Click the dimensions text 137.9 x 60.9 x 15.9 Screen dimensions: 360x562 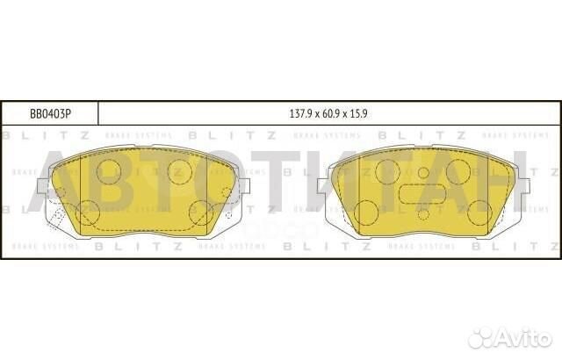328,114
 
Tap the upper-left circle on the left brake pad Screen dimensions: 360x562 109,170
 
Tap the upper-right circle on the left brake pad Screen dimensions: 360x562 180,170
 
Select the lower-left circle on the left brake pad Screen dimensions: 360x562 88,212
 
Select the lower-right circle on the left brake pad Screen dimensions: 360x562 201,212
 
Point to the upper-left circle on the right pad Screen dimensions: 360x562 387,171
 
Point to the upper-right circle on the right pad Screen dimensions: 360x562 458,171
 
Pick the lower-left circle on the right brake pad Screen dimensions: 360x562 366,212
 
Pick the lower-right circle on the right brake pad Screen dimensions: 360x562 479,212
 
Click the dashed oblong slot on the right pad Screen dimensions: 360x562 422,194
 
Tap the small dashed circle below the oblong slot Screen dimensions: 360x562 422,213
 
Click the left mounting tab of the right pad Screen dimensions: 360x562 322,185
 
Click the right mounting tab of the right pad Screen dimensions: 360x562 522,185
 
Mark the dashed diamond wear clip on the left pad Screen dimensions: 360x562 55,215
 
